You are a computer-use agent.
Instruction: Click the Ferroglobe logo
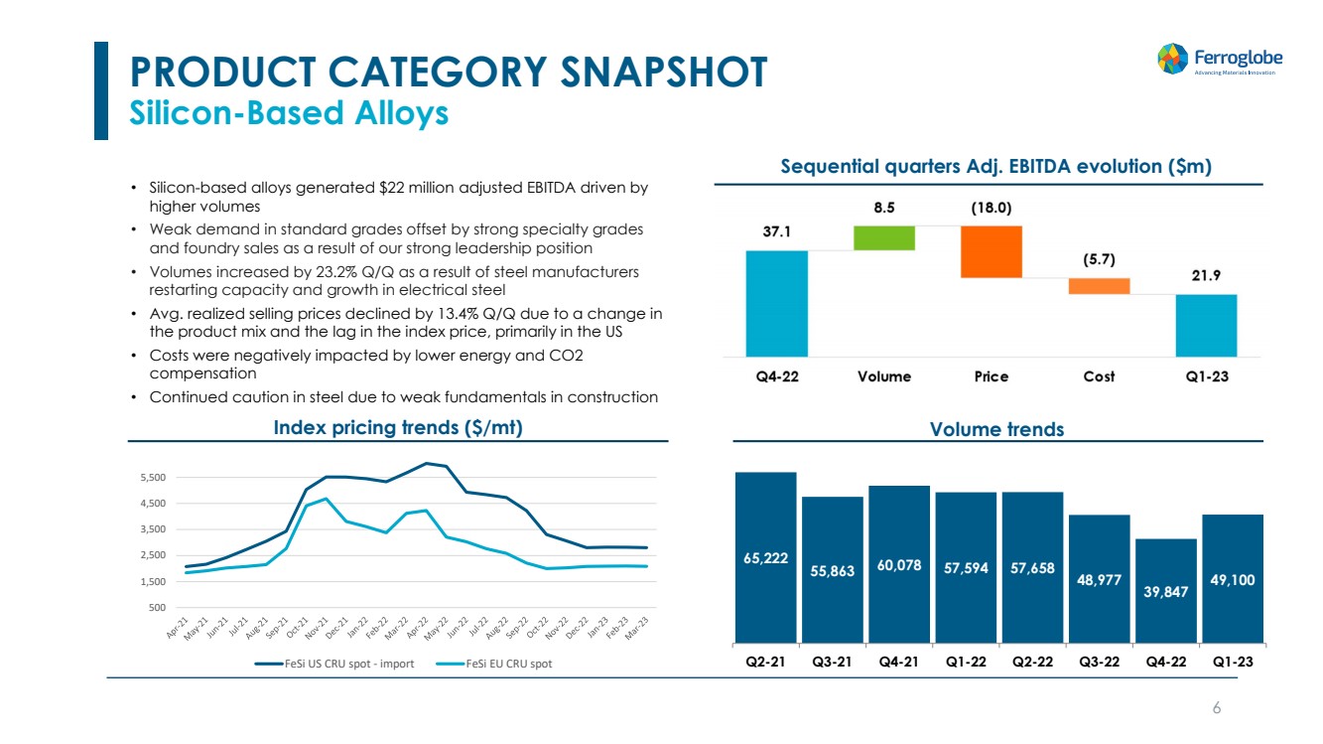pyautogui.click(x=1218, y=59)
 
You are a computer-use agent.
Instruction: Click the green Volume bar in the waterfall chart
pyautogui.click(x=883, y=238)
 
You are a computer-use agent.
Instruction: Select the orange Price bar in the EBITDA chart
pyautogui.click(x=991, y=251)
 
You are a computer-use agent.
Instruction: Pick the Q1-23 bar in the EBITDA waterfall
pyautogui.click(x=1206, y=325)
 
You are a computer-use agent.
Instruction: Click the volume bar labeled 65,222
pyautogui.click(x=766, y=556)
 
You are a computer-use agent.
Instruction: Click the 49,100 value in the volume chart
pyautogui.click(x=1233, y=578)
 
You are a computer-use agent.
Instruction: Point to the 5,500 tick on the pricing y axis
pyautogui.click(x=153, y=478)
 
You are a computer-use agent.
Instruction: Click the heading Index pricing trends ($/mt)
pyautogui.click(x=398, y=428)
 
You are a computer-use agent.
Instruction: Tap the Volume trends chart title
pyautogui.click(x=996, y=429)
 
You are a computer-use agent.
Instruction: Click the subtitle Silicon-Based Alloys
pyautogui.click(x=290, y=113)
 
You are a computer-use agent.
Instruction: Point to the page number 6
pyautogui.click(x=1217, y=707)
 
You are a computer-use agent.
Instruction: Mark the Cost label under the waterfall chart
pyautogui.click(x=1099, y=376)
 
